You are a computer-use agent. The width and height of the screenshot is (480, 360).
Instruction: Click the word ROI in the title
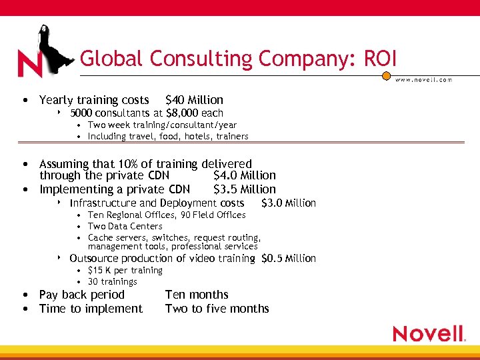pyautogui.click(x=380, y=59)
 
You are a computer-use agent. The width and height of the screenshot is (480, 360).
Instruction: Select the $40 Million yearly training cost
pyautogui.click(x=194, y=100)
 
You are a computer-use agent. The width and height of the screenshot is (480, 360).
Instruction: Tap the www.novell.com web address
pyautogui.click(x=424, y=79)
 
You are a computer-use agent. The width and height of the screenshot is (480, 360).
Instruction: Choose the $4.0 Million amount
pyautogui.click(x=244, y=175)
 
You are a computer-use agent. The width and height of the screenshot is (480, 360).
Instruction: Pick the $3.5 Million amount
pyautogui.click(x=244, y=189)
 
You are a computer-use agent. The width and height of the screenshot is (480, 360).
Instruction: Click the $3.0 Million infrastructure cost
pyautogui.click(x=288, y=203)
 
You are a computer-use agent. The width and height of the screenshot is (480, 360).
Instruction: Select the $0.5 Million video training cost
pyautogui.click(x=289, y=259)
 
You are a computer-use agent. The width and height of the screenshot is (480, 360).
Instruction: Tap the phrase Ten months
pyautogui.click(x=197, y=295)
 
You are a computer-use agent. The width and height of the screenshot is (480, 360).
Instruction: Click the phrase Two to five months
pyautogui.click(x=217, y=309)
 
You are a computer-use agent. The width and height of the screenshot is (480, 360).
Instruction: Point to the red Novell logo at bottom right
pyautogui.click(x=429, y=333)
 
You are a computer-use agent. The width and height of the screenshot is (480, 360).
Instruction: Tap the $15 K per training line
pyautogui.click(x=125, y=271)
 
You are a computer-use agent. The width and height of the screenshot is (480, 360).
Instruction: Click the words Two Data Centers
pyautogui.click(x=125, y=227)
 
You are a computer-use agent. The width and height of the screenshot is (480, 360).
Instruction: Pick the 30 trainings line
pyautogui.click(x=113, y=282)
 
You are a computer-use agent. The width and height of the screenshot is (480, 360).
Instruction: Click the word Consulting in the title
pyautogui.click(x=202, y=59)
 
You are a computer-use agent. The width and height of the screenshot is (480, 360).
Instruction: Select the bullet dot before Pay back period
pyautogui.click(x=24, y=295)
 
